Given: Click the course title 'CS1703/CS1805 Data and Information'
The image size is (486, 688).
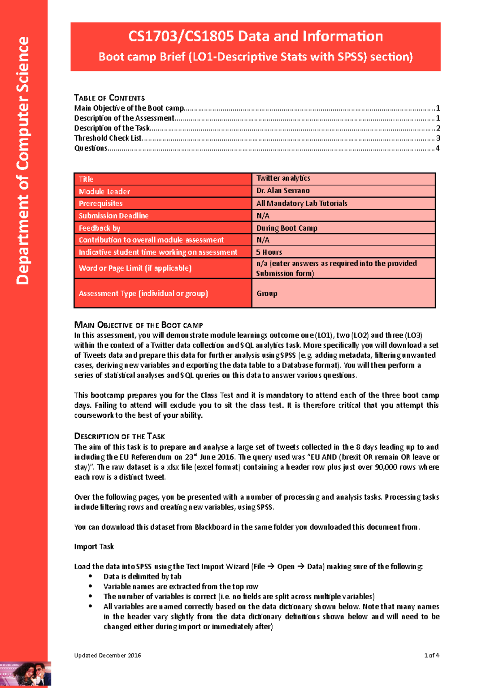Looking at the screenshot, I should pos(255,36).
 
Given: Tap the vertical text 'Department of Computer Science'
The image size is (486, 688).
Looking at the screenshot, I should pos(23,160).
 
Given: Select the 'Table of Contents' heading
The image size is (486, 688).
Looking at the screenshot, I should pos(109,98).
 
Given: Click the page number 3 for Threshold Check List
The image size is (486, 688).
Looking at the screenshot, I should pos(438,138).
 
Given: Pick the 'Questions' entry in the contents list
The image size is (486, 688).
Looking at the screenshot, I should pos(90,148).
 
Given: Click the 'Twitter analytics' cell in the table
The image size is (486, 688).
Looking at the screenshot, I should pos(283,178).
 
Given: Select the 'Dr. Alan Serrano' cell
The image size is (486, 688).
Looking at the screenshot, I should pos(283,190).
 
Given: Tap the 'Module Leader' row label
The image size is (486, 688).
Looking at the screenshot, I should pos(104,191).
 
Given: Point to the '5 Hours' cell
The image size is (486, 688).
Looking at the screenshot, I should pos(269,252).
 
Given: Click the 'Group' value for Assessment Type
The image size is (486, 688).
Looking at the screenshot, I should pos(267,293).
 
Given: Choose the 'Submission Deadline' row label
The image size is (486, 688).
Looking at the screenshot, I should pos(113,216).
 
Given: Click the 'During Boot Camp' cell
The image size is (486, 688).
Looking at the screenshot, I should pos(287,228).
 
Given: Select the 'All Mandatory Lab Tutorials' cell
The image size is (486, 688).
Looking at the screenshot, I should pos(302,203).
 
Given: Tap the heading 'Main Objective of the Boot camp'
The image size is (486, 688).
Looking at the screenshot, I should pos(139,325).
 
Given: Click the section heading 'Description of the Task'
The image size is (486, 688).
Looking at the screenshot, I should pos(119,436).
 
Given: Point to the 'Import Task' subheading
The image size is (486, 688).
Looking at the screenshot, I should pos(94,547).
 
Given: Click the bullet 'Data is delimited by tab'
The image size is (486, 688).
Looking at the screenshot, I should pos(142,577).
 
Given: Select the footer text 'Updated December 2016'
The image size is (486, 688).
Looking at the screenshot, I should pos(107,656).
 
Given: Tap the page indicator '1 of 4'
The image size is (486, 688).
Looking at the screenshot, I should pos(431,656).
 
